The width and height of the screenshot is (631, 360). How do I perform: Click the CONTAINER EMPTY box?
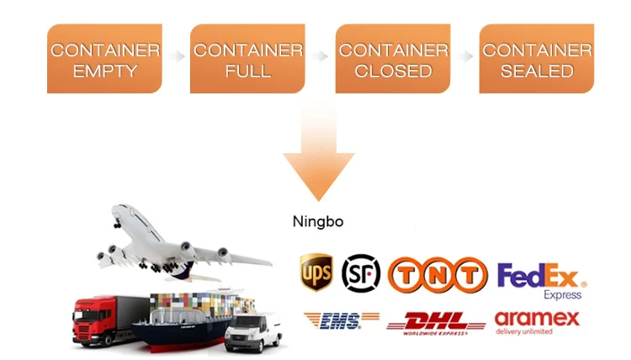(104, 59)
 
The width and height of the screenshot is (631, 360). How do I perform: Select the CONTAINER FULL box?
(248, 59)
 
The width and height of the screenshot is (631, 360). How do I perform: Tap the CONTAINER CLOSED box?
(392, 59)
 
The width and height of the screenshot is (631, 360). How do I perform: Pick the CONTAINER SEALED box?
(536, 59)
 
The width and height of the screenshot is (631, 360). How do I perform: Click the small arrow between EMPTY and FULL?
(176, 56)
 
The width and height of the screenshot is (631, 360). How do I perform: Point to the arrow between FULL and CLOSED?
(320, 56)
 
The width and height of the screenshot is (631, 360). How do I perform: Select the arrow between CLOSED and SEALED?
(464, 56)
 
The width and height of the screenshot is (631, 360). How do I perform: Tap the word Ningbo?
(318, 222)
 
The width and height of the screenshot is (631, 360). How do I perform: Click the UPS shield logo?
(315, 272)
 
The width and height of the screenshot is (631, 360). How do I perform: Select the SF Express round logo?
(360, 273)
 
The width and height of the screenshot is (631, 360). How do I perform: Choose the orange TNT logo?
(437, 274)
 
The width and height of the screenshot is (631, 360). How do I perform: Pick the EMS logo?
(332, 320)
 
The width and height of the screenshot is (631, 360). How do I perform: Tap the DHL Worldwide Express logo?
(435, 322)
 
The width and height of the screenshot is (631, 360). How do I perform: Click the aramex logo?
(537, 322)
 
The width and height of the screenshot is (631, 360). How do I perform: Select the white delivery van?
(252, 331)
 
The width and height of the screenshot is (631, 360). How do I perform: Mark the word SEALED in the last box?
(536, 71)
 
